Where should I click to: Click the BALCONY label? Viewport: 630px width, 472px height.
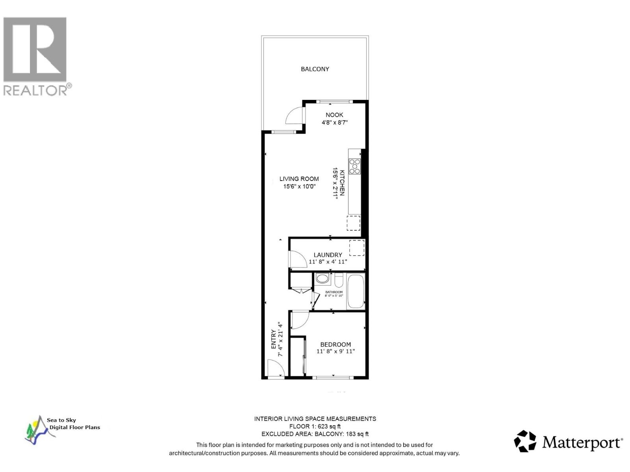[315, 69]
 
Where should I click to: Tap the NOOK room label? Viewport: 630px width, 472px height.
[334, 115]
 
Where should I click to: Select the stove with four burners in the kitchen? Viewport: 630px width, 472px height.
[354, 166]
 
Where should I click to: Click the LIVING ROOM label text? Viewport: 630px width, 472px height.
[299, 179]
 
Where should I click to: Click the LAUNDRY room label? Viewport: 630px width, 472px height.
[328, 255]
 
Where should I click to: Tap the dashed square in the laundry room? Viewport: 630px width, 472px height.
[357, 248]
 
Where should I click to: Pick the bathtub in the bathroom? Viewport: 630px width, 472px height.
[356, 291]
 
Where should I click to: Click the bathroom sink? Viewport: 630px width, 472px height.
[322, 279]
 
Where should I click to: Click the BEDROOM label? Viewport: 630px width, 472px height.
[335, 345]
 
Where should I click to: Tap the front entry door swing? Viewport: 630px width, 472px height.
[276, 368]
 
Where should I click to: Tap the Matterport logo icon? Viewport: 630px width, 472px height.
[525, 441]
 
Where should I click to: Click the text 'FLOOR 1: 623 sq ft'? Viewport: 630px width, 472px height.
[315, 426]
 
